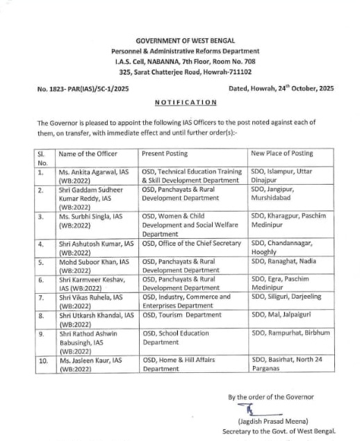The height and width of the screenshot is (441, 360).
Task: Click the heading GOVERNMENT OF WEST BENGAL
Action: click(185, 40)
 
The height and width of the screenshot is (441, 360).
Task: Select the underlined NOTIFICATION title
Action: click(185, 102)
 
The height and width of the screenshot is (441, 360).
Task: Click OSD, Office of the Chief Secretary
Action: click(194, 244)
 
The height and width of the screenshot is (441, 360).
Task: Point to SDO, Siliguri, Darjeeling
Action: click(286, 297)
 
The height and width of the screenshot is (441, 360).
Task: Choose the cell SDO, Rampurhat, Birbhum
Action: click(291, 333)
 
